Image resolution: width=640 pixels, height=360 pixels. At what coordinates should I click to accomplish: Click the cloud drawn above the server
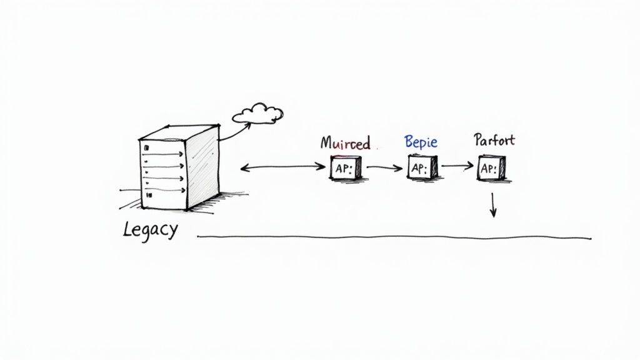[x=257, y=113]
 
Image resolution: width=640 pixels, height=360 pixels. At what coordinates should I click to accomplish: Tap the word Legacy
[x=150, y=229]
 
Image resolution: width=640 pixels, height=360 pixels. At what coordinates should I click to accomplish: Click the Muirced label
[x=345, y=142]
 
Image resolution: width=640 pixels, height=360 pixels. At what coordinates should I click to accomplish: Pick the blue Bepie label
[x=421, y=141]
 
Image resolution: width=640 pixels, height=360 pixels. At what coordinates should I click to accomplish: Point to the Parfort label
[x=494, y=139]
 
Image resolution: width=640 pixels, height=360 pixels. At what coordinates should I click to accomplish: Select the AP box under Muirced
[x=346, y=168]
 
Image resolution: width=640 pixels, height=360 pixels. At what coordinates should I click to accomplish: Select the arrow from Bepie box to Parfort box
[x=458, y=166]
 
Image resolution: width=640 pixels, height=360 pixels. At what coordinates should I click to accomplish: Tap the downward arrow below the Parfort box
[x=492, y=205]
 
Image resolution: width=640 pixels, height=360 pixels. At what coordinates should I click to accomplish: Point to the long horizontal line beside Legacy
[x=394, y=237]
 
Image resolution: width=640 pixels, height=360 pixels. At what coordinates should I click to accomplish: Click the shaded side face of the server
[x=204, y=167]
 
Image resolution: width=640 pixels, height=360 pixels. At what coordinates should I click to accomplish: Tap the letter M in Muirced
[x=327, y=142]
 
